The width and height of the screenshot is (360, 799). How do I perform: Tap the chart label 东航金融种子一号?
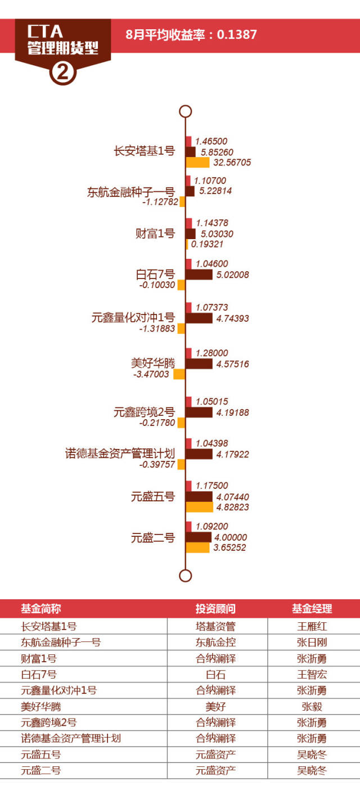coord(131,192)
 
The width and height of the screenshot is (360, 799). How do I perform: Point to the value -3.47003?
coord(151,374)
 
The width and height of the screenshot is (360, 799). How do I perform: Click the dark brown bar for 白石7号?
coord(199,275)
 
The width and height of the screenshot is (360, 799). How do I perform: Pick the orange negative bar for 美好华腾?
coord(179,374)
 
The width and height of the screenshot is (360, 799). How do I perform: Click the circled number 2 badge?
coord(63,71)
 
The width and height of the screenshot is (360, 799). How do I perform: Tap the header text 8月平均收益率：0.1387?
coord(191,34)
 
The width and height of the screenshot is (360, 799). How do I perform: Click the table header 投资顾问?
coord(215,608)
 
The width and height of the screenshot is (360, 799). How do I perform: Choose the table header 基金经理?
coord(312,608)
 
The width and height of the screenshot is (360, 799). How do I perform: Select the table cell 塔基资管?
coord(215,626)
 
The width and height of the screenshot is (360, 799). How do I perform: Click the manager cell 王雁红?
coord(312,626)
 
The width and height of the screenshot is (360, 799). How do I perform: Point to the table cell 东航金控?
coord(215,642)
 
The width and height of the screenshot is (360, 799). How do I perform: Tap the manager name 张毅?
coord(312,706)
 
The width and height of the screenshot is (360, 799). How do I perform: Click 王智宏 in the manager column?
coord(312,674)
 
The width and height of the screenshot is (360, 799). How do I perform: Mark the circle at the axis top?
coord(185,111)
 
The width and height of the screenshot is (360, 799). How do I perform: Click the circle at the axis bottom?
coord(185,575)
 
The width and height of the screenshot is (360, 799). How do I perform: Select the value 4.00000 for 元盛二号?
coord(231,537)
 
